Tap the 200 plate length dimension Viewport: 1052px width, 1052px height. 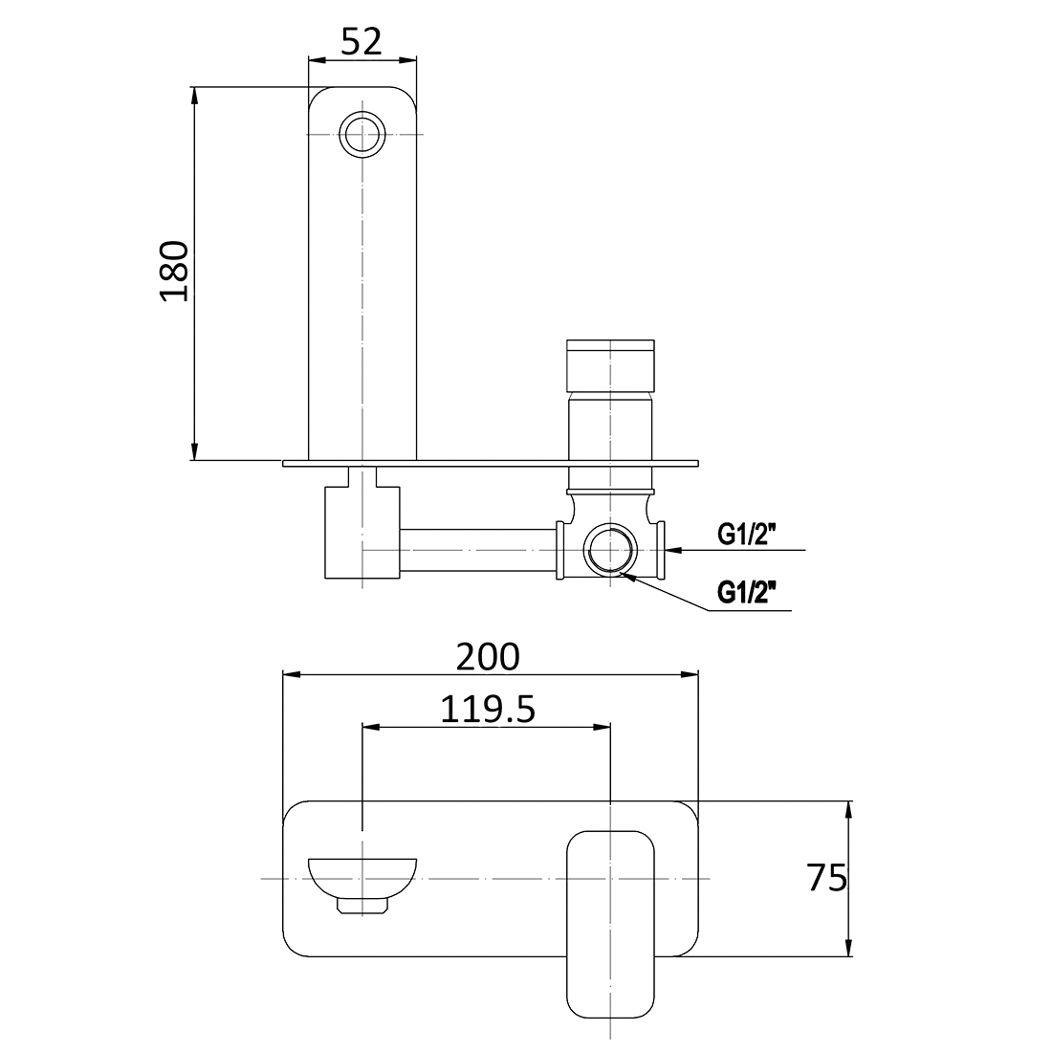pyautogui.click(x=488, y=657)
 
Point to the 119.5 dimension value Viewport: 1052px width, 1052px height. pyautogui.click(x=487, y=710)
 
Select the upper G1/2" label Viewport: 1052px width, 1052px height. pyautogui.click(x=747, y=536)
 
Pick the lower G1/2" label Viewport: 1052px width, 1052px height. pyautogui.click(x=747, y=595)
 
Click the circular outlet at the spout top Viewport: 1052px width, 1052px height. pyautogui.click(x=362, y=133)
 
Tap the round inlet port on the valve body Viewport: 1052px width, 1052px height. pyautogui.click(x=610, y=551)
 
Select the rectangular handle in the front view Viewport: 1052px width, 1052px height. pyautogui.click(x=610, y=924)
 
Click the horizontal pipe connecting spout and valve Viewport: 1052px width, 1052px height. pyautogui.click(x=476, y=551)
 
